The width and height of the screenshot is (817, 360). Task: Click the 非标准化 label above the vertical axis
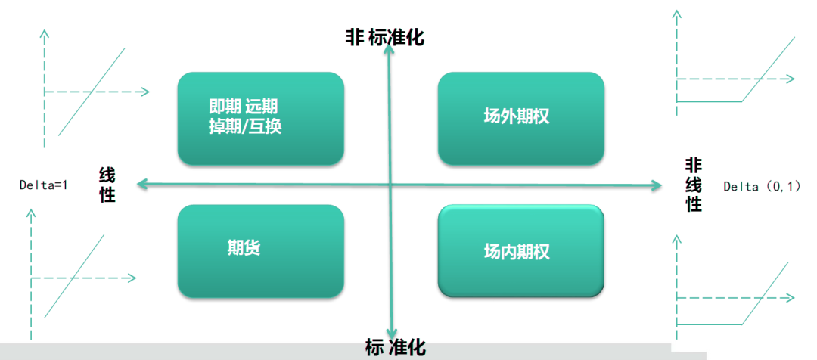(385, 38)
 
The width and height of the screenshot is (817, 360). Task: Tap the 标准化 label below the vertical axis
(396, 347)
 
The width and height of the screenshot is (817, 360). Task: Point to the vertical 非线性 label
(694, 185)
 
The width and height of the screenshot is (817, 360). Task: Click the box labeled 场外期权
(521, 118)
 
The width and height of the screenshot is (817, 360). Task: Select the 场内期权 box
(521, 251)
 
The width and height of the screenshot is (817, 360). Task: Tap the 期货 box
(260, 251)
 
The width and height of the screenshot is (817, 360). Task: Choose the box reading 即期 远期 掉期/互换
(260, 118)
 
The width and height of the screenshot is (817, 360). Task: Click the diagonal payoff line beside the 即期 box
(92, 92)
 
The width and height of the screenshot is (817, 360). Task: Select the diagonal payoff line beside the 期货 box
(74, 276)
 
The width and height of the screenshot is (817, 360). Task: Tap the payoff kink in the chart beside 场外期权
(741, 101)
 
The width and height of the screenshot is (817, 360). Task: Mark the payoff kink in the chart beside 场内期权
(741, 324)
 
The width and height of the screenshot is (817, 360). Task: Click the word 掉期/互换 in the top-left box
(244, 127)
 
